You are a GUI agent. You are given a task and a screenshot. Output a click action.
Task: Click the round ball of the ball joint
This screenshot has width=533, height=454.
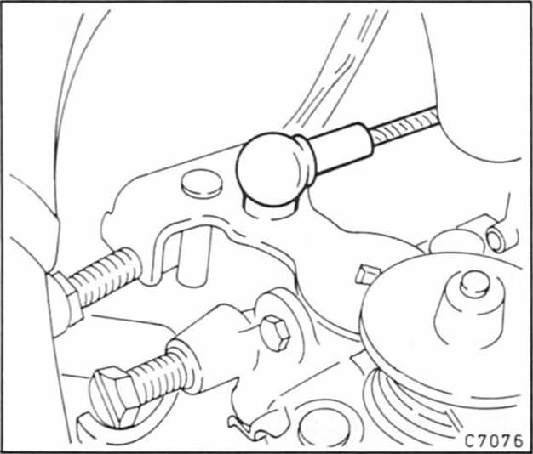(269, 168)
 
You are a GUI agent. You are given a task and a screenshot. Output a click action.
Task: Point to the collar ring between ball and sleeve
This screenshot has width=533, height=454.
(305, 160)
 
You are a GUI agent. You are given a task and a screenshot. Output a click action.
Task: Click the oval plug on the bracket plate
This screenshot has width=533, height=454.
(202, 184)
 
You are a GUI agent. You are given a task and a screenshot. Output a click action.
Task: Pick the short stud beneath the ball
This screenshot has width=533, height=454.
(268, 207)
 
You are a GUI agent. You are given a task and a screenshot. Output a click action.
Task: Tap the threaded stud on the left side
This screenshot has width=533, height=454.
(106, 276)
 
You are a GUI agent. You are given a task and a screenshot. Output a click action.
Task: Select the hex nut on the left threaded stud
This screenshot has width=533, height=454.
(66, 298)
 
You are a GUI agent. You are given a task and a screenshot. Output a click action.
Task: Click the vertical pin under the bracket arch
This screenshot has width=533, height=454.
(194, 256)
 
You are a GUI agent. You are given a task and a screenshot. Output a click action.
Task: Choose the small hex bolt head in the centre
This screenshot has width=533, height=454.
(275, 333)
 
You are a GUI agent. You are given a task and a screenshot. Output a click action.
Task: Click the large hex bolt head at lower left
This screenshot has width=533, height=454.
(114, 396)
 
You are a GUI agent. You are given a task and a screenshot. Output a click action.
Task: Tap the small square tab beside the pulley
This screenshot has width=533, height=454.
(366, 274)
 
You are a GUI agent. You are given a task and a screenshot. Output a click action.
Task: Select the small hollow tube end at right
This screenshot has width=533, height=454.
(497, 240)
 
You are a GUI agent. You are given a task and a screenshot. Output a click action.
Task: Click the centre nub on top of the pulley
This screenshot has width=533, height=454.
(475, 284)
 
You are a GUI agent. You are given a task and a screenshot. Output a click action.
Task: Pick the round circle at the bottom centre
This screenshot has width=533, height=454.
(322, 427)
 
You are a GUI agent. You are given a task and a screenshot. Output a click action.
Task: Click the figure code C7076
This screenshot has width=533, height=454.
(493, 440)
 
